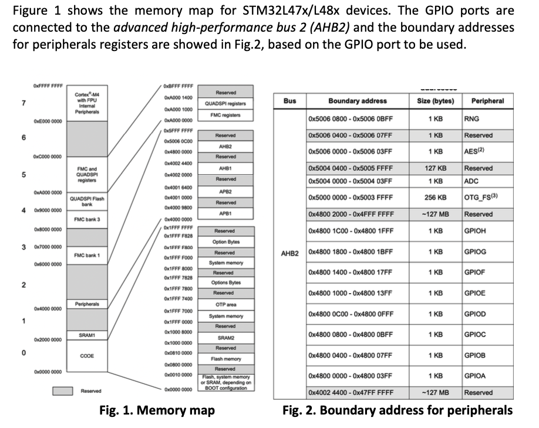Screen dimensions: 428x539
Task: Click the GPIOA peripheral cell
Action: pos(474,376)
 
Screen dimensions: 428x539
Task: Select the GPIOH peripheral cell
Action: pos(474,231)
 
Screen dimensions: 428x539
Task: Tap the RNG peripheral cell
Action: pos(471,119)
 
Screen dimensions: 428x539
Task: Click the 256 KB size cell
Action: pos(434,198)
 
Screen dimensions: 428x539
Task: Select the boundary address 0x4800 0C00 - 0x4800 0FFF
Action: pos(350,314)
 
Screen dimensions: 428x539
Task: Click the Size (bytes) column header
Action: pos(434,101)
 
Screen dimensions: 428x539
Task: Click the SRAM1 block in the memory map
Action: pos(87,335)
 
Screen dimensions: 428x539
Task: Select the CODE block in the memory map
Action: pos(87,355)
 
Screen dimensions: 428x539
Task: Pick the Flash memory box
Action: pos(225,358)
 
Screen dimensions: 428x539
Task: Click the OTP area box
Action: pos(225,305)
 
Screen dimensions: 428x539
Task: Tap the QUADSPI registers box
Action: pos(225,104)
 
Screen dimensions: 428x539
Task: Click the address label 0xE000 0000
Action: pos(48,121)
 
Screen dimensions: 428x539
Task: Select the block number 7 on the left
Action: pos(23,103)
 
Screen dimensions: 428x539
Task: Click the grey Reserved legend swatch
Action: pos(63,391)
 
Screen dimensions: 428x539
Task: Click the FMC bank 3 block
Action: pos(87,219)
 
